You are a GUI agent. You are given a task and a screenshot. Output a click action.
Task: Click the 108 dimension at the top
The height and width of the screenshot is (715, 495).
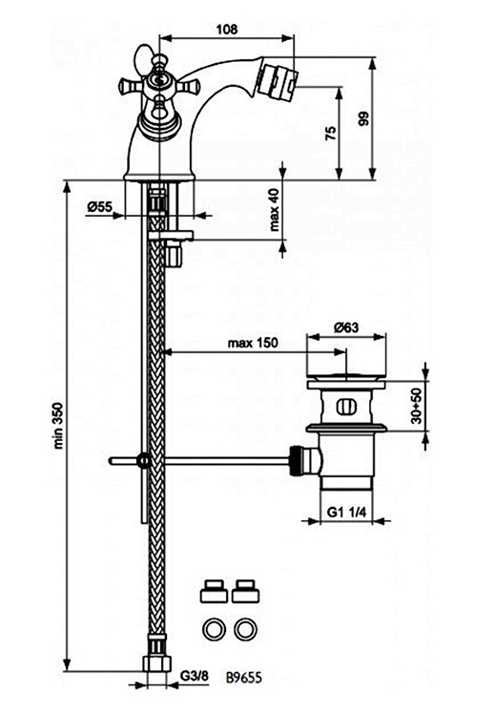227,30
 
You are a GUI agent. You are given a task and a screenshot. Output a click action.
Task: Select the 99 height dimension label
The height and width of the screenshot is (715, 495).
364,118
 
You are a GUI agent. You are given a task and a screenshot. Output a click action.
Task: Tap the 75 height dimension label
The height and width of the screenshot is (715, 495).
332,133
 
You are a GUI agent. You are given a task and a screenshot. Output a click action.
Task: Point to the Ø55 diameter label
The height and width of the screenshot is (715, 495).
100,207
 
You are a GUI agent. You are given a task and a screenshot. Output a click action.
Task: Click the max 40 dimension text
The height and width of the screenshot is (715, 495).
274,209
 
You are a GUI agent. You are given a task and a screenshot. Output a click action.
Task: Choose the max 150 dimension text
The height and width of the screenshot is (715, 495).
253,343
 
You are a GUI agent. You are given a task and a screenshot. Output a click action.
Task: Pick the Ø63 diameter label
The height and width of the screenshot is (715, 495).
346,326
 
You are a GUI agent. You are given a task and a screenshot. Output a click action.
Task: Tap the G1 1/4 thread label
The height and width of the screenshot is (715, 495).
347,512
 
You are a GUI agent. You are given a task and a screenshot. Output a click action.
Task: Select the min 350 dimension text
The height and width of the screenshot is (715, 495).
59,426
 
